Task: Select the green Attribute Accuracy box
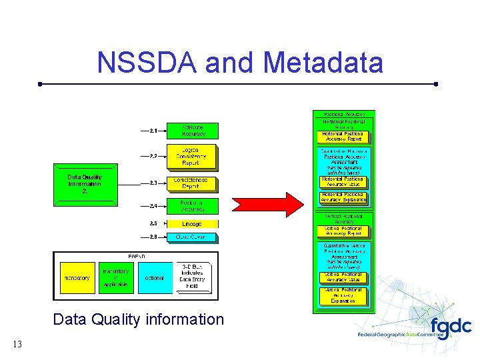191,131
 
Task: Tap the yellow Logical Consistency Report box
191,156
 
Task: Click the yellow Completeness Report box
191,183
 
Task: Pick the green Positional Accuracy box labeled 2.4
191,206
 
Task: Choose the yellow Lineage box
191,224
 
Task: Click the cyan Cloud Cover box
191,237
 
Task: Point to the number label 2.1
153,131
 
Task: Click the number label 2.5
153,224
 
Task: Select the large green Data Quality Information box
84,184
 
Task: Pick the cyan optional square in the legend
154,277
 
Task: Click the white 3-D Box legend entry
192,277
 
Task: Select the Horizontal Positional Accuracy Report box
342,137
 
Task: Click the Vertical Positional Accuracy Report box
342,231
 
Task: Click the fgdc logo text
450,327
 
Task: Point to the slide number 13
17,344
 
